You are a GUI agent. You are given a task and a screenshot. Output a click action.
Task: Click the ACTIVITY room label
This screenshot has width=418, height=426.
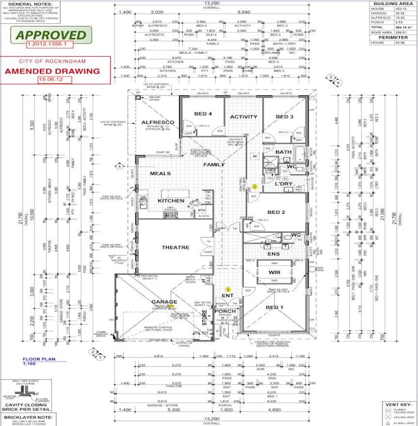243,117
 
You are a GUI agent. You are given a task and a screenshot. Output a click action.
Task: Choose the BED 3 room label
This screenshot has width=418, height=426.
284,117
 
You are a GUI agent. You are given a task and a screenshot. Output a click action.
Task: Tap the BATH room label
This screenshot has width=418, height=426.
284,152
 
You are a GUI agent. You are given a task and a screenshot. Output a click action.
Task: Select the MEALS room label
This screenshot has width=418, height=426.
160,173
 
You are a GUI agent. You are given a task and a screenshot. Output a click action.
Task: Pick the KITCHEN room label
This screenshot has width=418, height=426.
171,201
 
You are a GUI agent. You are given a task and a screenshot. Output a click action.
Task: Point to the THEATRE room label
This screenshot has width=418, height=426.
175,247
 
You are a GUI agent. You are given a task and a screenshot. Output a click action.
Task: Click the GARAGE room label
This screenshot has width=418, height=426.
165,302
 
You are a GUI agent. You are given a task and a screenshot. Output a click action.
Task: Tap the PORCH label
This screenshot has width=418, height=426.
224,311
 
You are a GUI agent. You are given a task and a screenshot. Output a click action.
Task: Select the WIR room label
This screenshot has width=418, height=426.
275,271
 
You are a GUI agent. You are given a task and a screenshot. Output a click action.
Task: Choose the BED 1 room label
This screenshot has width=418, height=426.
276,307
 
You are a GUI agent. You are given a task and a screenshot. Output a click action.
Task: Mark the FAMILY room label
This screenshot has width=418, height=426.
214,165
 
